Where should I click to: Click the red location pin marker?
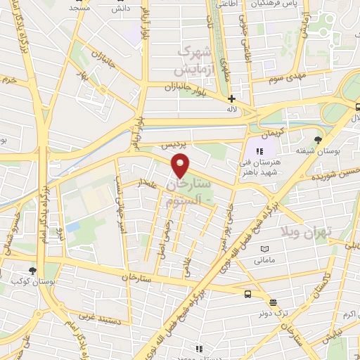[x=181, y=166]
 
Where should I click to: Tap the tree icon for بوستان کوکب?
[x=32, y=271]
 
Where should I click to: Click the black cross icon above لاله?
[x=231, y=98]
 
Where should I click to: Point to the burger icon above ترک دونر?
[x=273, y=302]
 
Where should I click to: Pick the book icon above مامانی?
[x=264, y=249]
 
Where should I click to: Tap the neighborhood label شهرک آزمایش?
[x=194, y=60]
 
